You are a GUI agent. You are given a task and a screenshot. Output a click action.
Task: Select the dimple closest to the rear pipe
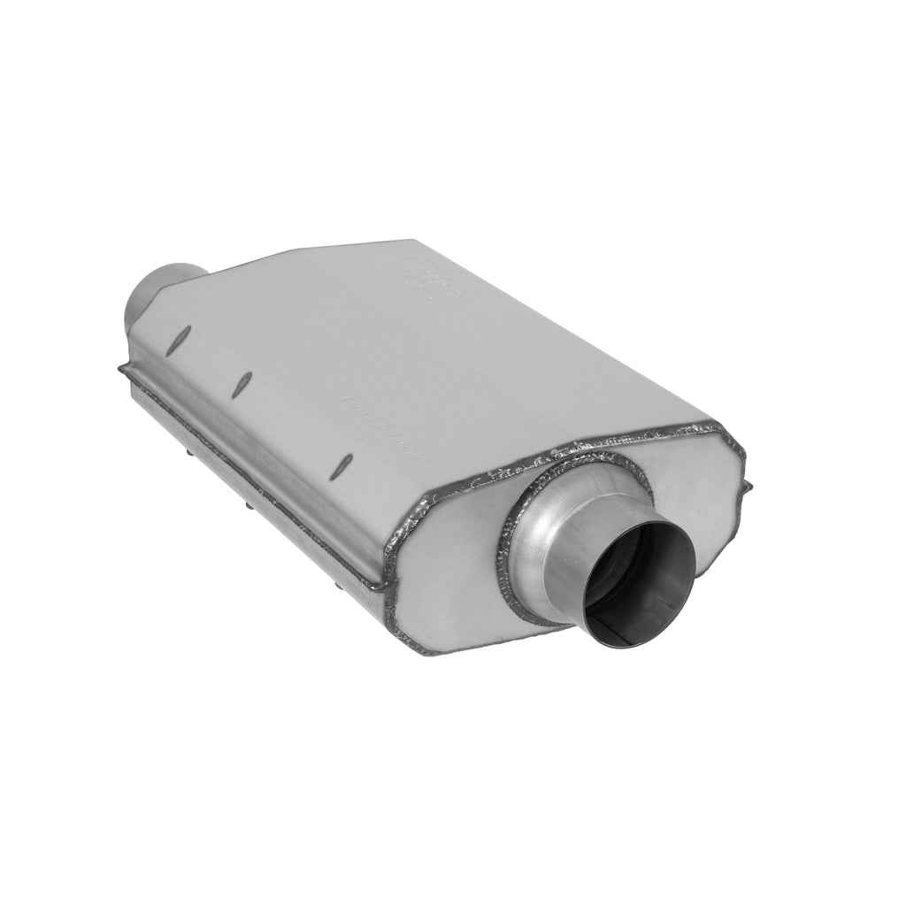click(184, 334)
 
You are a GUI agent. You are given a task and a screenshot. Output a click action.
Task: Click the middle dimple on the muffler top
click(244, 381)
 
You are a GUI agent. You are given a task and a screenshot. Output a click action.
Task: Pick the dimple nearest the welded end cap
click(347, 462)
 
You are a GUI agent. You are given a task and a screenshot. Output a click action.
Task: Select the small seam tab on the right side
click(749, 487)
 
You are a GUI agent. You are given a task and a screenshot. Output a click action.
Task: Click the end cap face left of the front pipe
click(451, 566)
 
